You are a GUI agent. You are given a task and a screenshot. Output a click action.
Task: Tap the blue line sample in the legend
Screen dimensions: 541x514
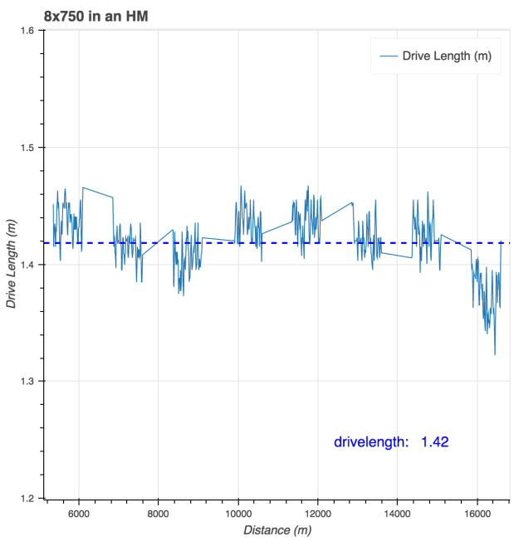[388, 56]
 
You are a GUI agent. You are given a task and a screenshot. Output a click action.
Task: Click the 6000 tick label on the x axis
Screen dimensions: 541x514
[79, 513]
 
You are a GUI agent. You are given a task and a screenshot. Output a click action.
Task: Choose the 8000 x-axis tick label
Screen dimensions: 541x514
[159, 513]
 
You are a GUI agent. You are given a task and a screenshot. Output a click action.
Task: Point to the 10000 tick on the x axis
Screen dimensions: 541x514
[238, 513]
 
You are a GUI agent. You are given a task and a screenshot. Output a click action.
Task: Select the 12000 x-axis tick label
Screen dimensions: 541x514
[318, 513]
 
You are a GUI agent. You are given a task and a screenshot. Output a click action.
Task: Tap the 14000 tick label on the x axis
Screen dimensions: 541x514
[398, 513]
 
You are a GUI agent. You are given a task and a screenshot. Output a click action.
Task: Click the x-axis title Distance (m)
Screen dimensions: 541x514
[277, 529]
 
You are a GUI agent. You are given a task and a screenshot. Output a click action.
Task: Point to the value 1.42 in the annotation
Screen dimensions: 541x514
[435, 441]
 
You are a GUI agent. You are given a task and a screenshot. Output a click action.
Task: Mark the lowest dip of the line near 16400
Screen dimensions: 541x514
[495, 354]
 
